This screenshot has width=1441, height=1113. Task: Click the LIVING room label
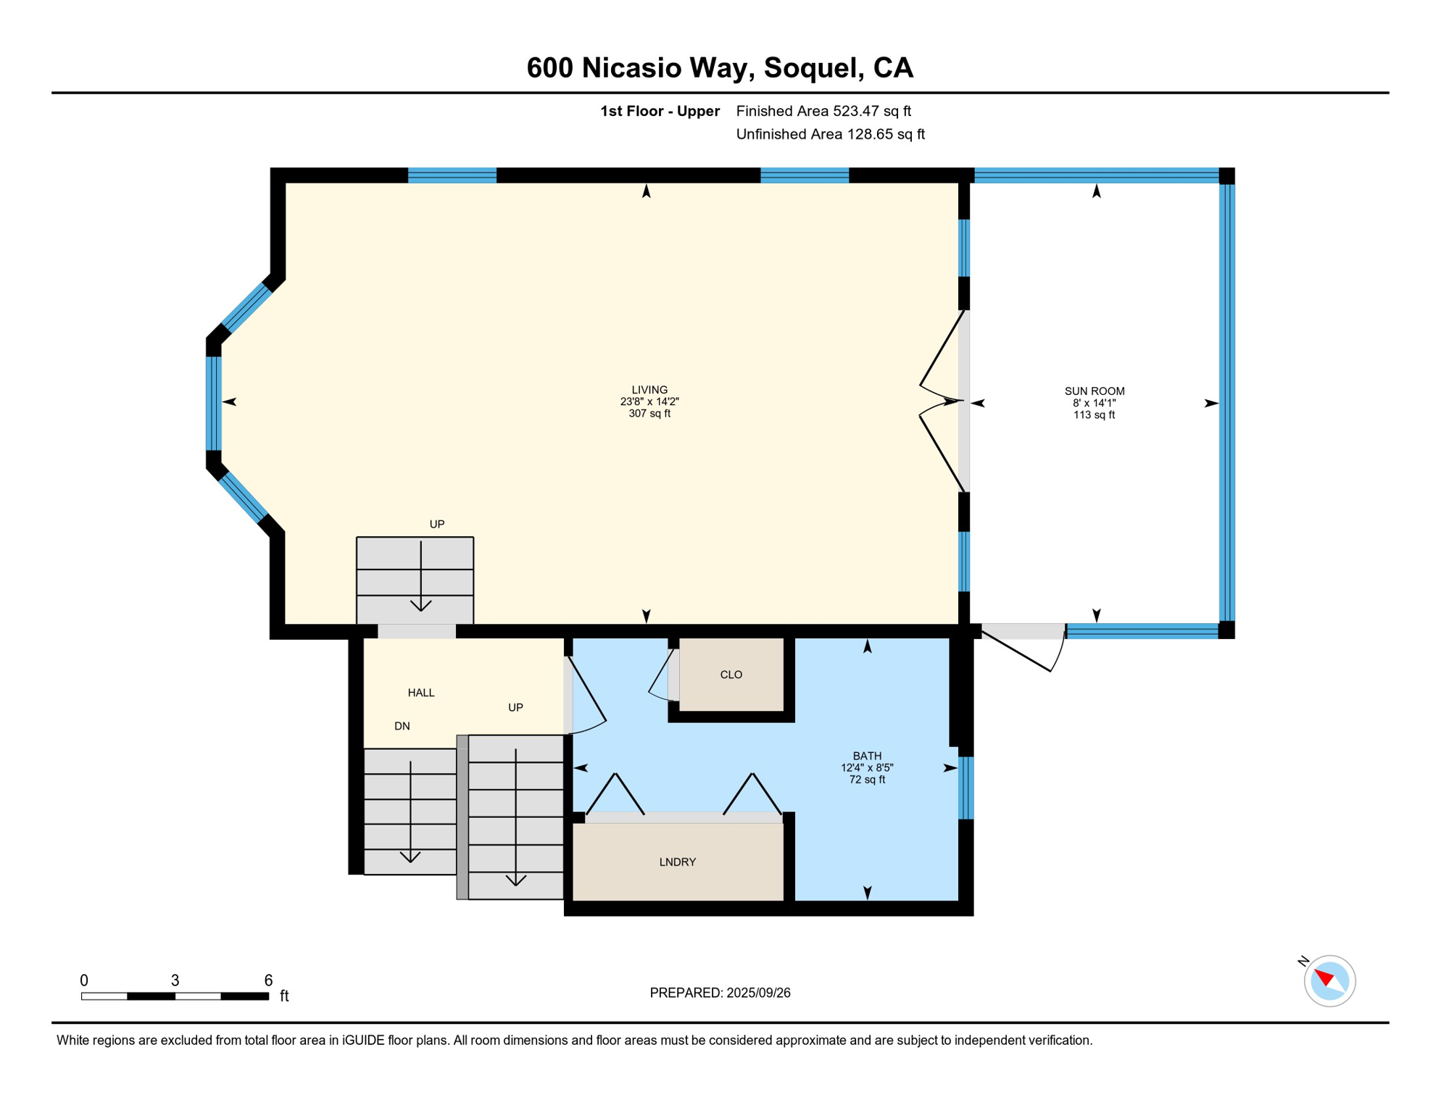click(649, 390)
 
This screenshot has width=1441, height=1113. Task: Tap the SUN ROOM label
click(1094, 391)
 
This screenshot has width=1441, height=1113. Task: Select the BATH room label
click(867, 756)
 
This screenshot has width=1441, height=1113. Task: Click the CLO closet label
click(731, 675)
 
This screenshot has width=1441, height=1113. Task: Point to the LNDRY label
click(677, 862)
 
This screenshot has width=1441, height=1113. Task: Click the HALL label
click(420, 693)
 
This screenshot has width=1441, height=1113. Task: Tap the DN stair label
click(402, 726)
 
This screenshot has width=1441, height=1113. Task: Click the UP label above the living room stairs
click(436, 524)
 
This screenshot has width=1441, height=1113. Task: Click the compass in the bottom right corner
click(1329, 980)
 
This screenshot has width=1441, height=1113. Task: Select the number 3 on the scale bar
click(175, 980)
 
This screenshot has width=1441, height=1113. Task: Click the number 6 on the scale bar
click(268, 980)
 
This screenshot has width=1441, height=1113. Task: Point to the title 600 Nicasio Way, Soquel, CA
click(720, 67)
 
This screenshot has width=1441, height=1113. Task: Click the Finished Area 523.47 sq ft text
click(823, 111)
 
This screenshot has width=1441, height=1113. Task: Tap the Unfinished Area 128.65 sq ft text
click(830, 134)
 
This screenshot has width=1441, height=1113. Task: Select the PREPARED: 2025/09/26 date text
click(720, 993)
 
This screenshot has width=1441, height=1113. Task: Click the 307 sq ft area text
click(649, 414)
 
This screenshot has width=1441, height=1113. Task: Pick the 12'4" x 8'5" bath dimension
click(867, 767)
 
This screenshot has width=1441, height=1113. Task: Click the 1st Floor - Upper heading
click(660, 111)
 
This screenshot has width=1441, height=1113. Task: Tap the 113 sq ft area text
click(1094, 415)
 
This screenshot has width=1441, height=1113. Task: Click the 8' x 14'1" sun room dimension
click(1094, 403)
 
